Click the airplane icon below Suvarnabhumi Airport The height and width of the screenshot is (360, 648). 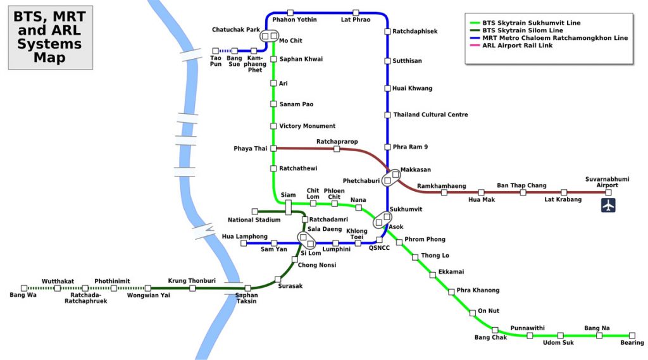pyautogui.click(x=608, y=205)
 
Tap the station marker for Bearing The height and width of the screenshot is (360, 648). pyautogui.click(x=632, y=335)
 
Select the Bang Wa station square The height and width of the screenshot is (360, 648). pyautogui.click(x=24, y=288)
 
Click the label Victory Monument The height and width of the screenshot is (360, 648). pyautogui.click(x=308, y=126)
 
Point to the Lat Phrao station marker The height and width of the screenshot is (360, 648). pyautogui.click(x=356, y=13)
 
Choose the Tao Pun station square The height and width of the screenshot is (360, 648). pyautogui.click(x=216, y=51)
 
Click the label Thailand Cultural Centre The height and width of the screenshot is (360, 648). pyautogui.click(x=430, y=115)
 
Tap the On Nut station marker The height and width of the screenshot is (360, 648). pyautogui.click(x=472, y=313)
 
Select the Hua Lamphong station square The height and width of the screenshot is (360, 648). pyautogui.click(x=244, y=243)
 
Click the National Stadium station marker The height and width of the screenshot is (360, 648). pyautogui.click(x=255, y=211)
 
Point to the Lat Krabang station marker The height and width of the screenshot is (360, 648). pyautogui.click(x=564, y=192)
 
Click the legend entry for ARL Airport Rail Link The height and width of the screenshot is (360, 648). pyautogui.click(x=518, y=46)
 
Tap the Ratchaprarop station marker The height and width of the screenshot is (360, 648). pyautogui.click(x=337, y=149)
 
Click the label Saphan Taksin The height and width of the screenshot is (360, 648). pyautogui.click(x=246, y=298)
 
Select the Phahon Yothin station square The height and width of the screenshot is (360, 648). pyautogui.click(x=290, y=13)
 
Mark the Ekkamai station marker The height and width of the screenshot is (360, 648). pyautogui.click(x=433, y=274)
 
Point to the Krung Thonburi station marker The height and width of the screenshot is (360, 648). pyautogui.click(x=192, y=288)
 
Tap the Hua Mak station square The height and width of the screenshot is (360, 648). pyautogui.click(x=481, y=192)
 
